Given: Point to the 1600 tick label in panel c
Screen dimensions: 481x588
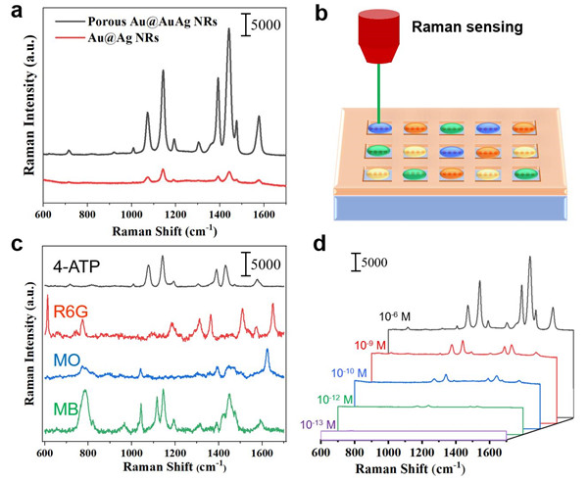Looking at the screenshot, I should click(261, 453).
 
